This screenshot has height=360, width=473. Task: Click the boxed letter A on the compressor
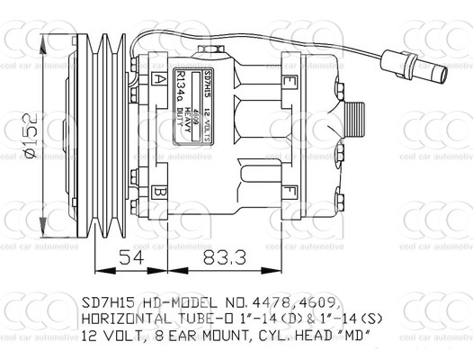(159, 79)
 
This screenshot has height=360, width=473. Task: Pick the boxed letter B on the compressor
(159, 191)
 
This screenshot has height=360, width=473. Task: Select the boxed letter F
(290, 191)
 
